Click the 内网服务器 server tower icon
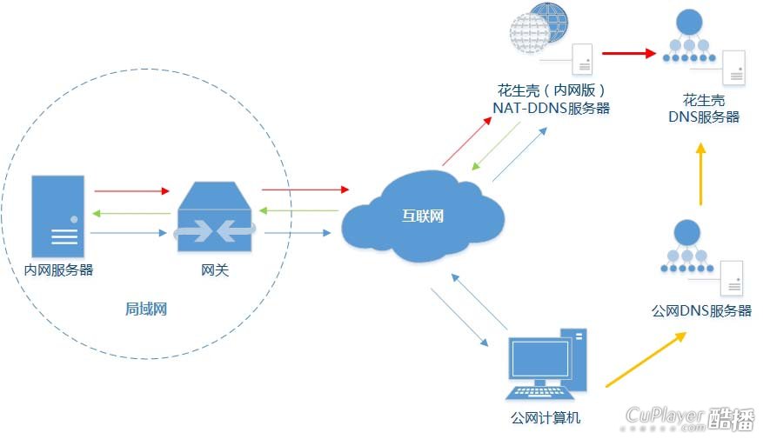(58, 214)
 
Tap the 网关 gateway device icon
(214, 218)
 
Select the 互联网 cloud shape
(421, 217)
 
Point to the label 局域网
(145, 309)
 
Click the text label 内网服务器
(58, 269)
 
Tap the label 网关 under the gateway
(214, 270)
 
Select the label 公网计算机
(545, 418)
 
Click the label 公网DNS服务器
(701, 310)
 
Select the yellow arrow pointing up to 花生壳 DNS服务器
(700, 174)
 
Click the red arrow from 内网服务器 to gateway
(131, 190)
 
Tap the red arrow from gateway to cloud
(305, 188)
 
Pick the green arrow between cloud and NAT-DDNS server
(495, 147)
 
